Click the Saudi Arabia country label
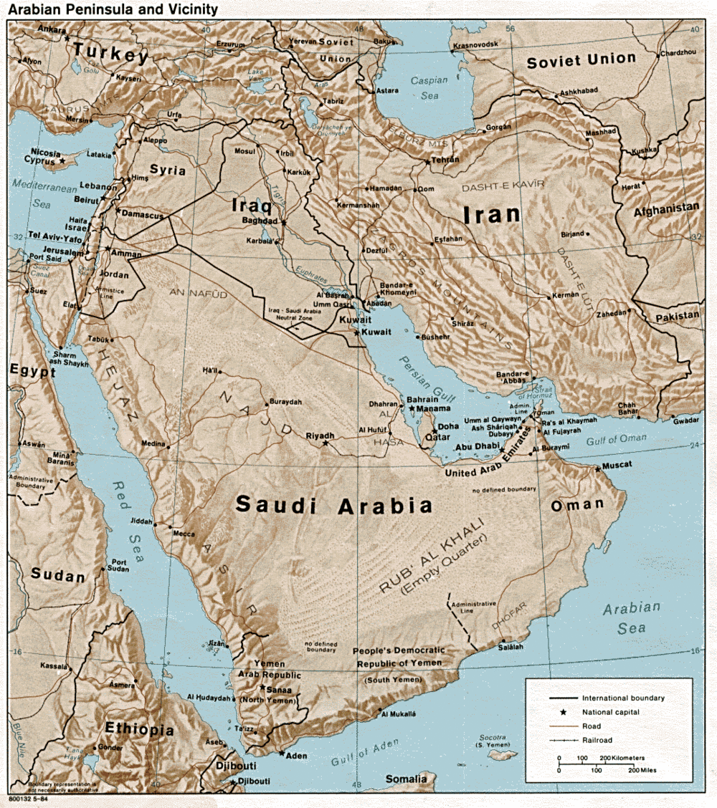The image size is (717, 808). pos(334,506)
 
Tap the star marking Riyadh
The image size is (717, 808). pos(325,443)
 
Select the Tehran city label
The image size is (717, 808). pos(445,159)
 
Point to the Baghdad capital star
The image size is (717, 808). pos(283,223)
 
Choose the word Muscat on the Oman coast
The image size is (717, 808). pos(617,465)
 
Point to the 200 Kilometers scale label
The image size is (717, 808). pos(620,758)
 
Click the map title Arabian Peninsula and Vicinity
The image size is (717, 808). pos(115,9)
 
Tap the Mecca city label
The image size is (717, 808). pos(183,533)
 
